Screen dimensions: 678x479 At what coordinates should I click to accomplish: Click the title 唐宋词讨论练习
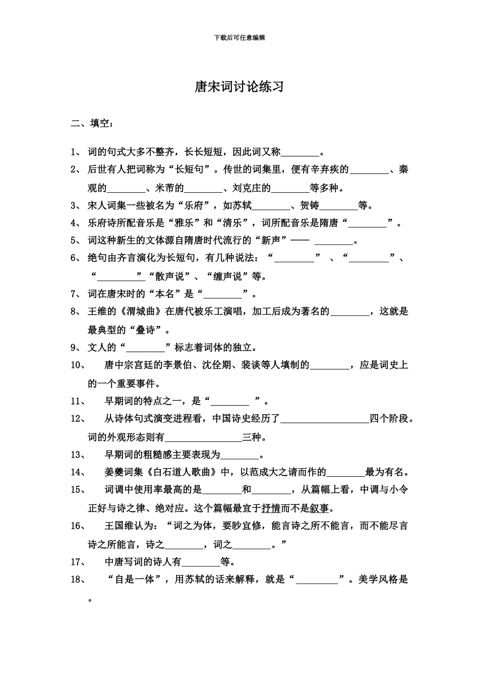click(x=239, y=87)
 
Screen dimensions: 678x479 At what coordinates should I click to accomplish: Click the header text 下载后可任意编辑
click(x=239, y=37)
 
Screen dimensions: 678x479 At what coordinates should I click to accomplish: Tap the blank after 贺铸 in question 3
click(x=338, y=207)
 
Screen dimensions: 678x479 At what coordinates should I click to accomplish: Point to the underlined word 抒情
click(x=271, y=507)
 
